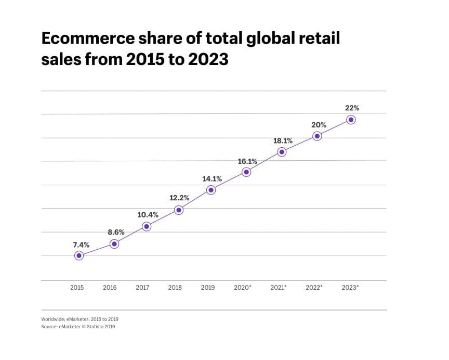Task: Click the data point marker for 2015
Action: point(78,255)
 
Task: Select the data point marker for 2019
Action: point(210,190)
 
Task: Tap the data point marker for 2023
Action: point(351,120)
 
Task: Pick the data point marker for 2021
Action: point(282,152)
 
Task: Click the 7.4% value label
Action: point(81,245)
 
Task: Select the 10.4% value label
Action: point(148,215)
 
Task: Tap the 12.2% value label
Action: point(179,198)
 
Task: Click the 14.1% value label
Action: point(212,179)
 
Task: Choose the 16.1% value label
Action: point(247,161)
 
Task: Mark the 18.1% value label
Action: point(283,140)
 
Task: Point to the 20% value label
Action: point(319,125)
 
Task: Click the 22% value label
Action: point(352,108)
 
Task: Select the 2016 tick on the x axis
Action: point(110,288)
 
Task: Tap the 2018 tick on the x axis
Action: point(175,288)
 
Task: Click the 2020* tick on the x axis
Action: point(243,288)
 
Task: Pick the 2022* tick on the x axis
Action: point(314,288)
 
